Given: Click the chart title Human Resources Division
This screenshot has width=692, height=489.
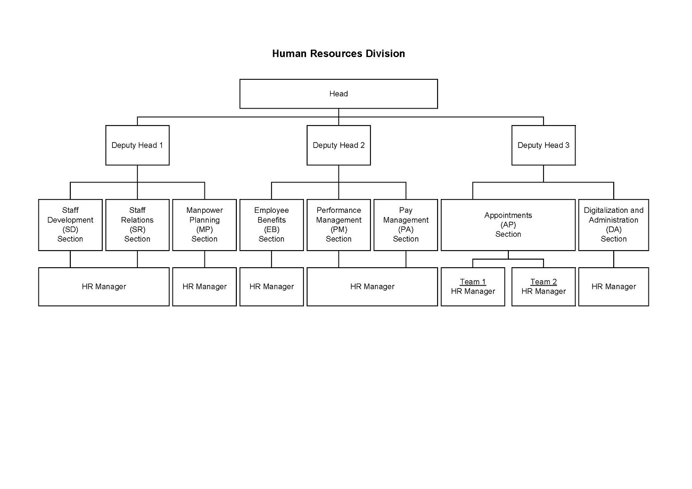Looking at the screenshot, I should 338,54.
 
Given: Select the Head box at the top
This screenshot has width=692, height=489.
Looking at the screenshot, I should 338,94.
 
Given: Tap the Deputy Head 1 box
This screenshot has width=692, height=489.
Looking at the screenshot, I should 137,145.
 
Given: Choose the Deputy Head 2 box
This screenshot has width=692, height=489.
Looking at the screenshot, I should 339,145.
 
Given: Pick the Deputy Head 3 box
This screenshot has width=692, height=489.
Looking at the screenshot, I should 543,145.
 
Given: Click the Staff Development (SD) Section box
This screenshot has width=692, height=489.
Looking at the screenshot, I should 70,225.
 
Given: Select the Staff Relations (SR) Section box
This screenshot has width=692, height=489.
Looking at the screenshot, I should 137,225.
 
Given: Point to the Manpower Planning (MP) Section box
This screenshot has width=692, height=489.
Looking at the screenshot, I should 204,225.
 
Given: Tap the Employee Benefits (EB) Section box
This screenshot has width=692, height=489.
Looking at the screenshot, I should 271,225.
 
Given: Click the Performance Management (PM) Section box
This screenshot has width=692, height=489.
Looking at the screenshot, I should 339,225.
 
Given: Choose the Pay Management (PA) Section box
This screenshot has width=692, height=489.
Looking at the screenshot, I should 406,225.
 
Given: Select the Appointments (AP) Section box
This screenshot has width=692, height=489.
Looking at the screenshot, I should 508,225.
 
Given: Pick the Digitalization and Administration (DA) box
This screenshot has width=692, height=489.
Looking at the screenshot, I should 613,225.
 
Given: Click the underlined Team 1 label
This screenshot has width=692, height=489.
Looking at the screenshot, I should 473,282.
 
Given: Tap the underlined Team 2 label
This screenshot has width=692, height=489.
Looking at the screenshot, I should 543,282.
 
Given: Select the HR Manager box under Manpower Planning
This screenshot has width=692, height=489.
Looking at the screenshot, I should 204,287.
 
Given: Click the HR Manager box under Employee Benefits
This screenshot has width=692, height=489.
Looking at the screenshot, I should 271,287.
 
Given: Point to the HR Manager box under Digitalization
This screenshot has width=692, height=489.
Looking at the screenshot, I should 613,287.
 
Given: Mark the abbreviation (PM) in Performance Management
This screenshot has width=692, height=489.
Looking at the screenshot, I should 339,229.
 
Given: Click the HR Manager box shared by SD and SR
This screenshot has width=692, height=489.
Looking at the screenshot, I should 104,287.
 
